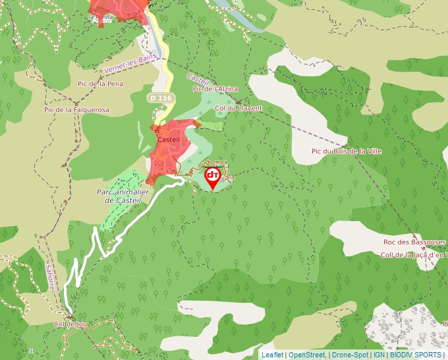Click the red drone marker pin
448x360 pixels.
pos(213,177)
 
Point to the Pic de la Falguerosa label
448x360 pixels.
pos(76,110)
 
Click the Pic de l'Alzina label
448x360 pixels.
pos(215,88)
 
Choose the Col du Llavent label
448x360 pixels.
pos(238,108)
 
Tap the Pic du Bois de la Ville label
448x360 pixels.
pos(347,151)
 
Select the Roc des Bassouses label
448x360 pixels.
pos(414,242)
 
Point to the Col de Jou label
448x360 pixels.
pos(70,324)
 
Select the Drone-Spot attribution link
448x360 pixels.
pos(350,355)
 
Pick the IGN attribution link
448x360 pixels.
pos(379,355)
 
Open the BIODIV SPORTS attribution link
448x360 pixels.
pos(415,355)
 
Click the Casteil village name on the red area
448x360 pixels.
pos(168,140)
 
